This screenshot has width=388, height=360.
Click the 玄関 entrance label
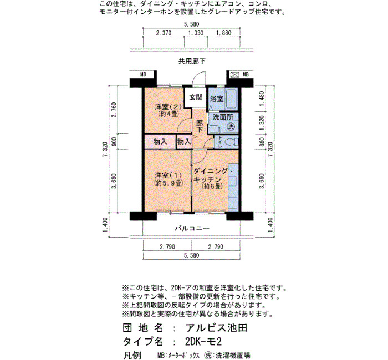coord(196,97)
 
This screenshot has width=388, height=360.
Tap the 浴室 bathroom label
coord(217,99)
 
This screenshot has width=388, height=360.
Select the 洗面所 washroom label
coord(223,117)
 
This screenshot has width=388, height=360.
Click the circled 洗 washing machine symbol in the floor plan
coord(231,127)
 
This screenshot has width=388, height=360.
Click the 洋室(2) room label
coord(169,107)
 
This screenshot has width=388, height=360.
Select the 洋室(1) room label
coord(169,176)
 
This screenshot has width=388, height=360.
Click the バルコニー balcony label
coord(192,228)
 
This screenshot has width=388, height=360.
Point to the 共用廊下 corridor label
coord(192,61)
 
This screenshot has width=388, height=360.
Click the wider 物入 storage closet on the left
coord(160,142)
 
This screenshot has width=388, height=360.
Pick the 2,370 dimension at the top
coord(164,33)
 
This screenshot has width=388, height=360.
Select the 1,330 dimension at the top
coord(196,33)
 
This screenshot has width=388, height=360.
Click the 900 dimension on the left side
coord(114,142)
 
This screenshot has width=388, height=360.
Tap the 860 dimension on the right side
coord(262,142)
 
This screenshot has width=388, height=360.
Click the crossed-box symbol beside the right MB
coord(234,74)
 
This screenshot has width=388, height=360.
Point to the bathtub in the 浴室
coord(231,99)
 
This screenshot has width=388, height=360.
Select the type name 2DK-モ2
coord(203,342)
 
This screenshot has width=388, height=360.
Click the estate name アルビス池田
coord(216,328)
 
